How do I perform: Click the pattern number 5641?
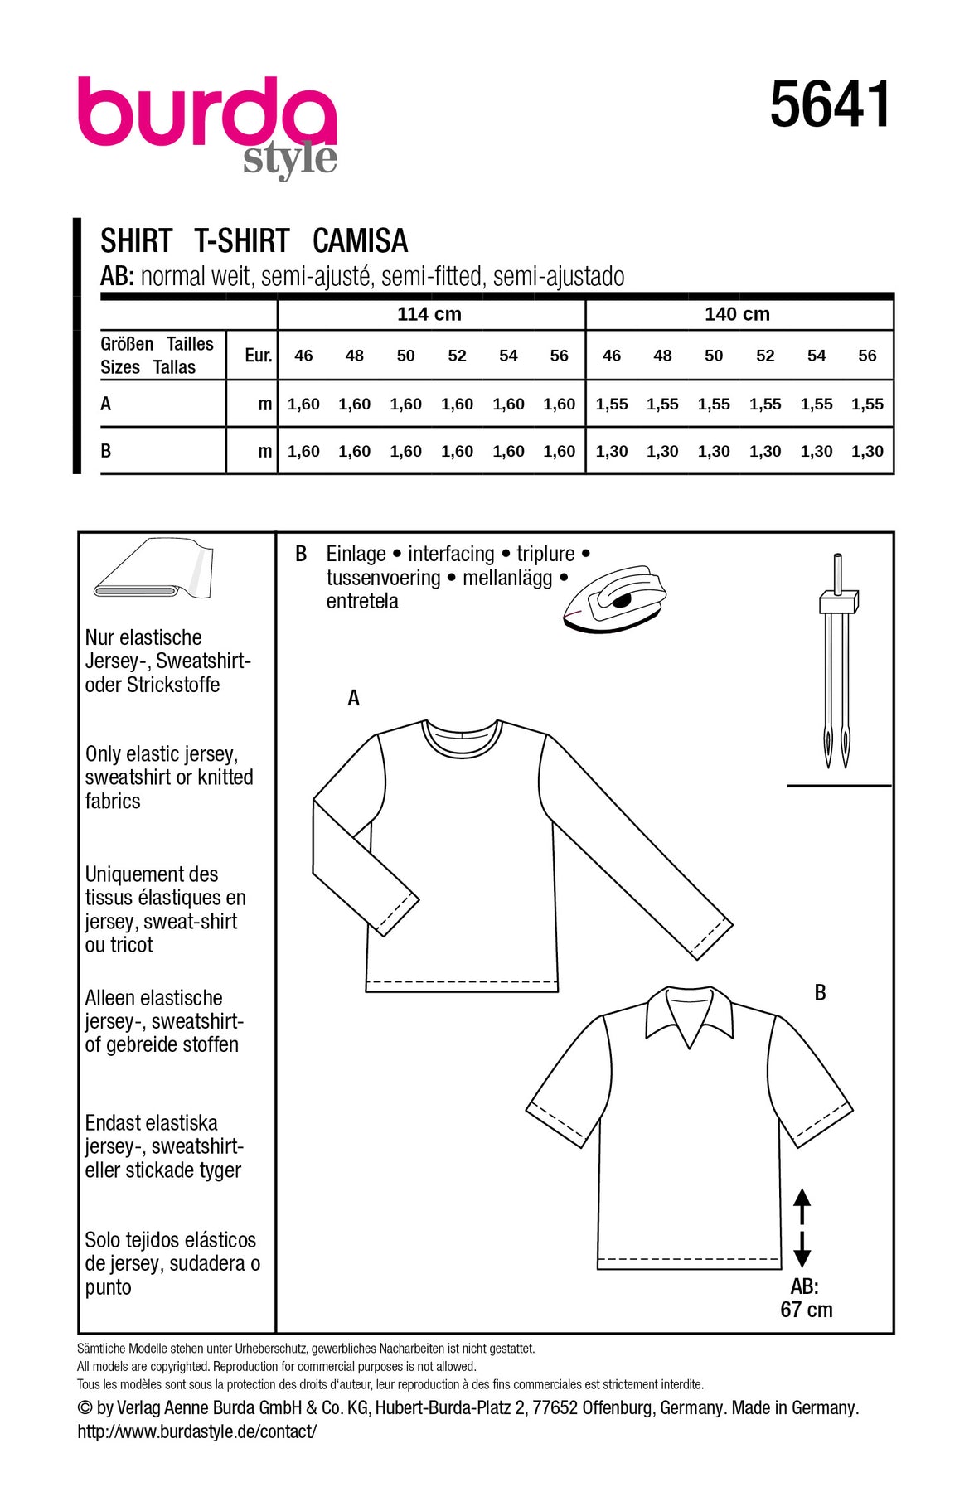tap(830, 105)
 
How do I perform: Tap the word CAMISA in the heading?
tap(360, 241)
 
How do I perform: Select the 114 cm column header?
tap(429, 314)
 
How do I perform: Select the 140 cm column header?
tap(737, 314)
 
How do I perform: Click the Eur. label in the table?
tap(258, 356)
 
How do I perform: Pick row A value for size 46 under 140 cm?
tap(612, 404)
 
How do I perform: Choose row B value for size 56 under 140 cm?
tap(867, 452)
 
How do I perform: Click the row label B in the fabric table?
tap(106, 452)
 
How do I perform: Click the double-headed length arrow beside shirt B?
tap(802, 1228)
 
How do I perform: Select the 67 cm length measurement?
tap(806, 1310)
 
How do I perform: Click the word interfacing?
tap(451, 554)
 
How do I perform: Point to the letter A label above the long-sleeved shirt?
tap(354, 699)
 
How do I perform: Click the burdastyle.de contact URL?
tap(197, 1431)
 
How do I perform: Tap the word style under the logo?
tap(290, 158)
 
